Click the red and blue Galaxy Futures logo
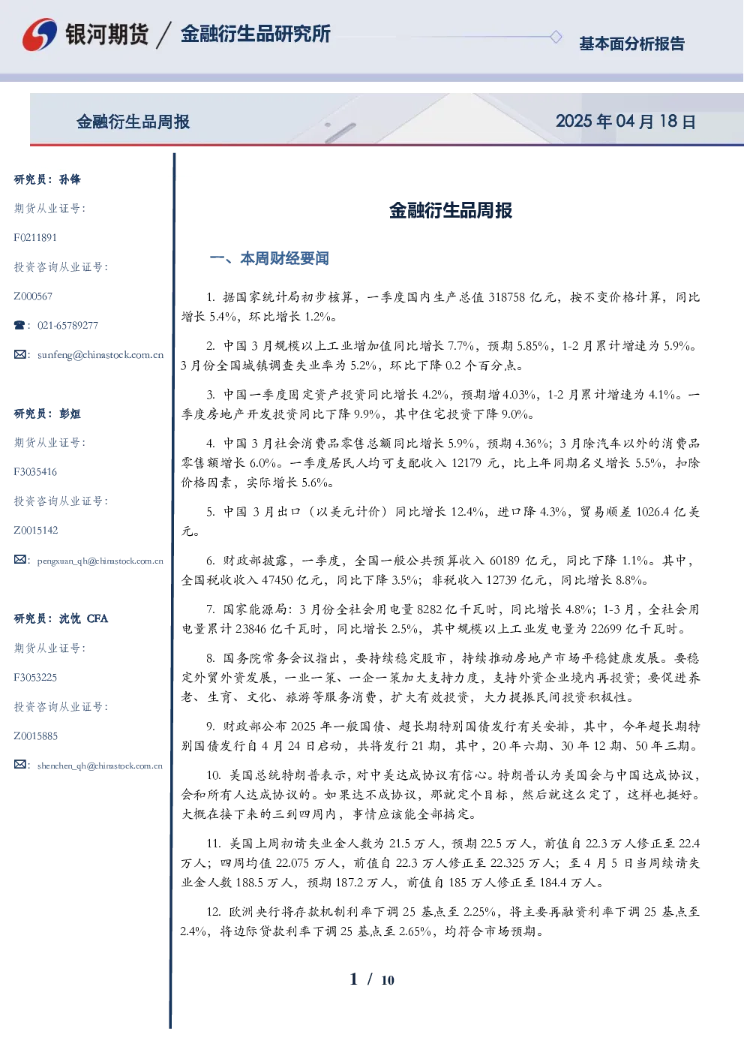[x=40, y=35]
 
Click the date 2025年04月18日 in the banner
[x=625, y=122]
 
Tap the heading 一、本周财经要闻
[x=269, y=258]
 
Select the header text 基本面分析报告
[x=631, y=44]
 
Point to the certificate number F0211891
[x=35, y=237]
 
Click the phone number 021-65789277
[x=67, y=325]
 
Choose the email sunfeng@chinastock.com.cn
[x=100, y=355]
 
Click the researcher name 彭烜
[x=70, y=414]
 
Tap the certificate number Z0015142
[x=36, y=531]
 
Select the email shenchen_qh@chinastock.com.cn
[x=100, y=766]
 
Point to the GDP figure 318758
[x=507, y=297]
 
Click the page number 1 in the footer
[x=354, y=979]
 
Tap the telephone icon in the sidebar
[x=19, y=325]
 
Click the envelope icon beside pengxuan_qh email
[x=19, y=559]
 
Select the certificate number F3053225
[x=35, y=678]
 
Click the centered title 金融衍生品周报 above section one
[x=451, y=211]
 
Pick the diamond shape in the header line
[x=556, y=37]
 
